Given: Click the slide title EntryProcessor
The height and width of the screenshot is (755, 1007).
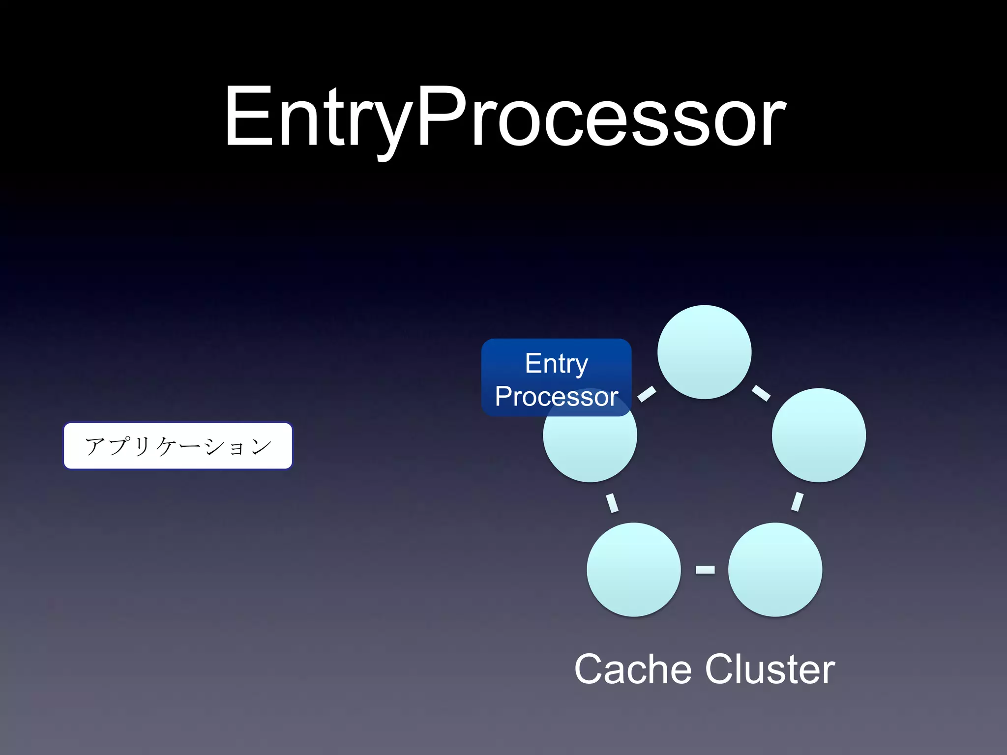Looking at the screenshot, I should (505, 118).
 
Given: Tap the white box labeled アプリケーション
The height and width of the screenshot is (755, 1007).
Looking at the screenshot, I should (178, 446).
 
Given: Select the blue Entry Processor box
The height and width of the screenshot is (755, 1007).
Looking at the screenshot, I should (556, 377).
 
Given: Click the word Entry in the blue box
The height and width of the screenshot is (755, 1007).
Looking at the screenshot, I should (556, 364).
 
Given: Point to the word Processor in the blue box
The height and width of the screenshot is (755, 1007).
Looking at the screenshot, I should (556, 397).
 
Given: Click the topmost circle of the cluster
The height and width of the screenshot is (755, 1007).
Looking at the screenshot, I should (704, 352).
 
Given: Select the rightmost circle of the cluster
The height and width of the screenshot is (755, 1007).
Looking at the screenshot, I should (819, 435).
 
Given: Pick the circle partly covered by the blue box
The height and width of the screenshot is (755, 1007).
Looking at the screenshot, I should (590, 447).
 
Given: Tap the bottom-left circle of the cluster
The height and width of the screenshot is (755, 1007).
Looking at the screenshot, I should (633, 569).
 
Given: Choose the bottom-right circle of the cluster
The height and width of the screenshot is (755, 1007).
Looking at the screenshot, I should (775, 569).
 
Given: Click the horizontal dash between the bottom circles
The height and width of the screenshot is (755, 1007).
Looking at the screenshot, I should (705, 569).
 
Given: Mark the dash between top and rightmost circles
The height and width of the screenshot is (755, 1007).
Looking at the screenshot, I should (761, 393).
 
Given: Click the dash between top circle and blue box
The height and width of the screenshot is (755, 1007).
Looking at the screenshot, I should (647, 394).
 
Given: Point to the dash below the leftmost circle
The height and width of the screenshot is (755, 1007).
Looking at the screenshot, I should (612, 502).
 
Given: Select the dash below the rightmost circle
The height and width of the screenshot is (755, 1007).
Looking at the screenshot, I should (797, 502).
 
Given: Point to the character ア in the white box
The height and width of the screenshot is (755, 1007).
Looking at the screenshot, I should (94, 446).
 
